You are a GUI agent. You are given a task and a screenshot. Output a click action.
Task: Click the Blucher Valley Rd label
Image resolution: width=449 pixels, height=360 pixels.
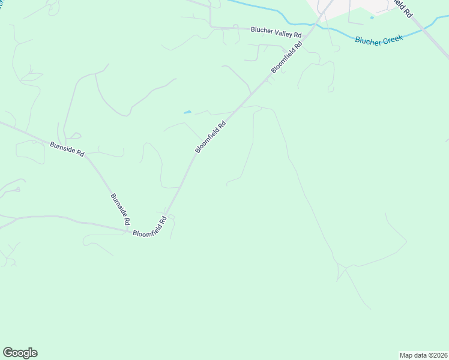(x=276, y=31)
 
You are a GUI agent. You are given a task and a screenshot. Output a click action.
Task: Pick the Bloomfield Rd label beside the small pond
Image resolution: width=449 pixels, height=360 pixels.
(x=211, y=137)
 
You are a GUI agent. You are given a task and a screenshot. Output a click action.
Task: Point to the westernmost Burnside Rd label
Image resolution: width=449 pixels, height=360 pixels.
(x=67, y=148)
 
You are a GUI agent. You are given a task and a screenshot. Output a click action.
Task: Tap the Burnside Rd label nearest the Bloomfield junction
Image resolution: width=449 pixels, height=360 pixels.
(x=120, y=209)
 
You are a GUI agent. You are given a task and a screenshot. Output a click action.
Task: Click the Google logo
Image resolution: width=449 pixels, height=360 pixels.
(x=20, y=353)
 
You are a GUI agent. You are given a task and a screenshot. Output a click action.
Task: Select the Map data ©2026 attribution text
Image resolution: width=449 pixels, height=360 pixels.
(x=423, y=355)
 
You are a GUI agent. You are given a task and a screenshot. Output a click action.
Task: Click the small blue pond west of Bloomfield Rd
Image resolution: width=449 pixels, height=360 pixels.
(x=187, y=112)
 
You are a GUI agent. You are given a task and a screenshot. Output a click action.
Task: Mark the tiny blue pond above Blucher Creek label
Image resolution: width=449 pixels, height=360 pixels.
(x=372, y=17)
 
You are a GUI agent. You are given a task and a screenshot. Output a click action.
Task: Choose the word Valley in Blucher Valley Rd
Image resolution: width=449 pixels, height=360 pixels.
(x=279, y=32)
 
